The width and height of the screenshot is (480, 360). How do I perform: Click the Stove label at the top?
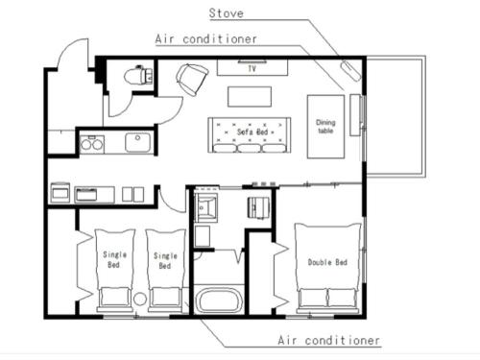(x=226, y=13)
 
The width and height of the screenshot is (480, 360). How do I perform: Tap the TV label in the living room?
(x=252, y=68)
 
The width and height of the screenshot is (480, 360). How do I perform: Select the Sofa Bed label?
(x=252, y=132)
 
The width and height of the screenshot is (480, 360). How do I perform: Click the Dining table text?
(x=325, y=127)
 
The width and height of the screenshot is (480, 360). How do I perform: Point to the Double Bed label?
(x=327, y=262)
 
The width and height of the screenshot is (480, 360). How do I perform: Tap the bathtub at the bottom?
(x=219, y=300)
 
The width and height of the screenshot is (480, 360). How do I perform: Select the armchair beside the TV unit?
(x=191, y=80)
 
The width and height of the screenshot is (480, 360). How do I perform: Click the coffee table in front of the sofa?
(x=250, y=97)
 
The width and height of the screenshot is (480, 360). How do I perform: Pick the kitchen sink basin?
(x=137, y=142)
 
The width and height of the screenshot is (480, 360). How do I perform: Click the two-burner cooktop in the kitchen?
(x=92, y=143)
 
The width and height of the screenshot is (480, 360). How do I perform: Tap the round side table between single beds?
(x=140, y=300)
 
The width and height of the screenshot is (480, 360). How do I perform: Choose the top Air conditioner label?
(x=205, y=39)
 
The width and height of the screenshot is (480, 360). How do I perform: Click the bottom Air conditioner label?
(x=328, y=340)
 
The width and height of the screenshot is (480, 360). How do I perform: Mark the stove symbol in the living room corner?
(x=351, y=71)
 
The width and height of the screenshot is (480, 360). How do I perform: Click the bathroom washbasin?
(x=206, y=205)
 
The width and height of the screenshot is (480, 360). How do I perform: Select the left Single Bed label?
(x=114, y=259)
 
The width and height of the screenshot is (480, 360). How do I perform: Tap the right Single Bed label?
(x=165, y=260)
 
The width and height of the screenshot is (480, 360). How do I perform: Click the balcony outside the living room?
(x=396, y=116)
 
